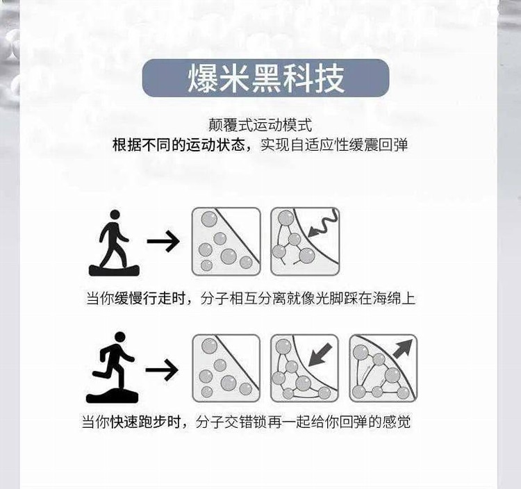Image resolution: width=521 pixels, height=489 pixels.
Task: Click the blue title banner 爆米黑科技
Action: tap(265, 78)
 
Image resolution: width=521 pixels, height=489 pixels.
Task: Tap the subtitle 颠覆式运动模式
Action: tap(260, 125)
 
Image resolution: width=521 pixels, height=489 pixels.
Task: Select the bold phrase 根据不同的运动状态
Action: tap(179, 145)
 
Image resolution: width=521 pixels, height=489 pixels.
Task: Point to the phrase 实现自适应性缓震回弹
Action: tap(334, 145)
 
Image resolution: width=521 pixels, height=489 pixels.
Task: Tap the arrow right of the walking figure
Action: tap(163, 241)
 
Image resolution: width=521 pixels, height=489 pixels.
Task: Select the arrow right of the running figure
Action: tap(162, 370)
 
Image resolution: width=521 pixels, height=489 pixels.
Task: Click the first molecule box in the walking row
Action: tap(226, 242)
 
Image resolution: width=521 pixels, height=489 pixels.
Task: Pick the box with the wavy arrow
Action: tap(305, 242)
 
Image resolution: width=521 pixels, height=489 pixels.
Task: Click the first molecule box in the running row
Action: tap(226, 368)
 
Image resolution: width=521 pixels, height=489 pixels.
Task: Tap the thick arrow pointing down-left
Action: tap(320, 355)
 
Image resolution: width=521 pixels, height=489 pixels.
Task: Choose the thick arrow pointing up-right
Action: tap(402, 349)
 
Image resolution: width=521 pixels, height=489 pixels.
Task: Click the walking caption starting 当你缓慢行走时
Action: tap(251, 298)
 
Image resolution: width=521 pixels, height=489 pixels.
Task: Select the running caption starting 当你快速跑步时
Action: tap(246, 422)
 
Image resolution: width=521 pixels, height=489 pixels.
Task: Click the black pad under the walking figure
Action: tap(115, 270)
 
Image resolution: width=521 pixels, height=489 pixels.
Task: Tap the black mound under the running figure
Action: tap(112, 396)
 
